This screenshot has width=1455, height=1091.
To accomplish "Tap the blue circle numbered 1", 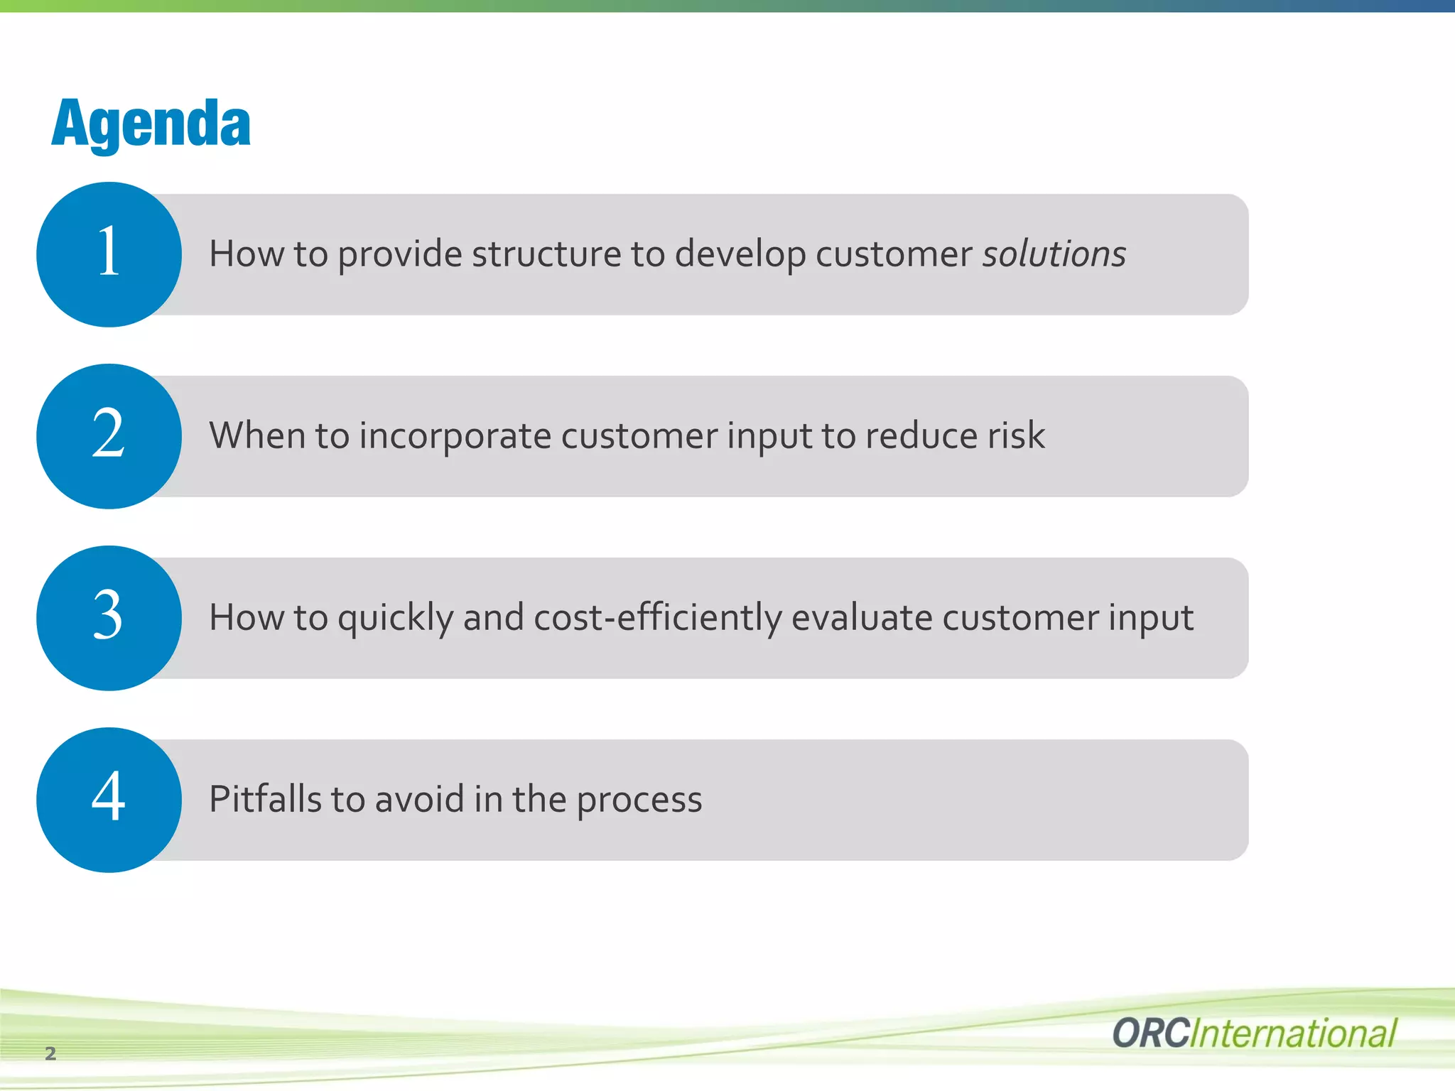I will coord(109,254).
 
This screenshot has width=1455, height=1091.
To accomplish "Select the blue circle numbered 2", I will coord(109,436).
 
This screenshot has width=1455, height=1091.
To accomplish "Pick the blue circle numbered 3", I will coord(109,618).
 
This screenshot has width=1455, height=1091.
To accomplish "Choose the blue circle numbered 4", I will coord(109,800).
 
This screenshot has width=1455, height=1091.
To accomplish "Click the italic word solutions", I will coord(1054,254).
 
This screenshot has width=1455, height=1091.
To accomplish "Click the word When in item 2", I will coord(257,435).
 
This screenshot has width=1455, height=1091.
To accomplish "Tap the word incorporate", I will coord(455,436).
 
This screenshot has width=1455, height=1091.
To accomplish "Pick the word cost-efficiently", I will coord(657,618).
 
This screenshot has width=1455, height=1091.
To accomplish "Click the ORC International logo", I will coord(1254,1033).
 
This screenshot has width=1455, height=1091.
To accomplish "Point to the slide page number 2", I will coord(50,1053).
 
